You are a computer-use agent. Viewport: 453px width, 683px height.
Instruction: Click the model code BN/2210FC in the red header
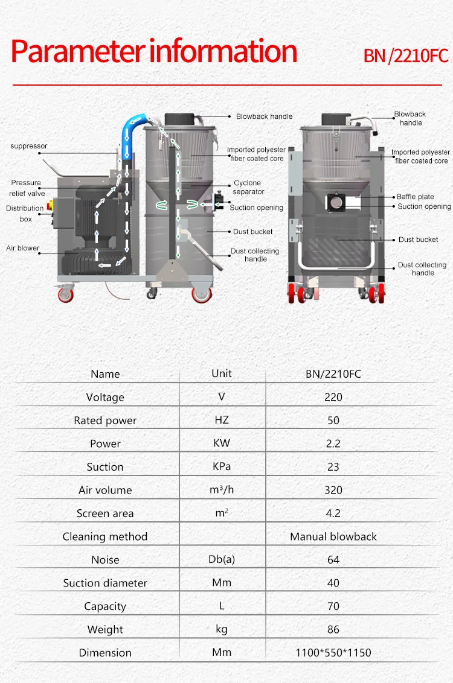[405, 56]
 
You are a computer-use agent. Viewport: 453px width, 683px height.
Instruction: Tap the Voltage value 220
[333, 397]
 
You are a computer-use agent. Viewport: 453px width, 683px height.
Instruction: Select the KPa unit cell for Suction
[222, 466]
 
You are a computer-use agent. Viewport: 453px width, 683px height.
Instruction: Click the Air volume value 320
[333, 490]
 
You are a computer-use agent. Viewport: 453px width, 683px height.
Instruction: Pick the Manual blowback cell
[333, 536]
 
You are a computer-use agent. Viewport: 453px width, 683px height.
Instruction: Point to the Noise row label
[105, 560]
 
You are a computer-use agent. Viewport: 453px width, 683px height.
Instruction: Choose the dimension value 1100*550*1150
[333, 653]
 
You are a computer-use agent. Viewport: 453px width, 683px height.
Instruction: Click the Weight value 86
[333, 629]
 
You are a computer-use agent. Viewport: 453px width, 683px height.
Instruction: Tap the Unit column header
[222, 373]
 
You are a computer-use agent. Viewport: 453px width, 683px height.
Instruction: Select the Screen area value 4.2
[333, 513]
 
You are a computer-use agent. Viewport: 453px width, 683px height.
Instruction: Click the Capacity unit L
[222, 606]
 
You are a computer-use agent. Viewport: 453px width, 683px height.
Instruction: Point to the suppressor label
[28, 146]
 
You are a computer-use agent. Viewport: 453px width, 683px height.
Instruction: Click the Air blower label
[23, 248]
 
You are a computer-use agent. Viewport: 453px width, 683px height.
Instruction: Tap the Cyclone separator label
[248, 187]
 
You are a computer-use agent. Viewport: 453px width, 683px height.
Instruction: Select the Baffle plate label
[415, 197]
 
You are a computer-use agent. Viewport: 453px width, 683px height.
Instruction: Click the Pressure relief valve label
[27, 188]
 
